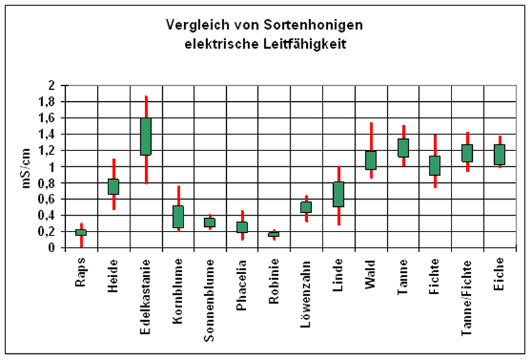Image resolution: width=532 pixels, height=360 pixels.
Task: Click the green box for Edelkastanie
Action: pyautogui.click(x=146, y=136)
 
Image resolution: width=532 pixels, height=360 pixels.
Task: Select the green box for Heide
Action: pyautogui.click(x=114, y=186)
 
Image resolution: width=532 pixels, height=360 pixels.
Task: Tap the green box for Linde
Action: pyautogui.click(x=338, y=194)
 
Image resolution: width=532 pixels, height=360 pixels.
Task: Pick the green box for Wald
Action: pyautogui.click(x=371, y=160)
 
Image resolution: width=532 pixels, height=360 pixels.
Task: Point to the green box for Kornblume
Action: pyautogui.click(x=178, y=216)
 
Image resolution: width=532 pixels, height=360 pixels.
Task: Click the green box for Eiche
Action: pyautogui.click(x=499, y=154)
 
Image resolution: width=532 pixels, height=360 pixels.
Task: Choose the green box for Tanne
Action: pyautogui.click(x=403, y=148)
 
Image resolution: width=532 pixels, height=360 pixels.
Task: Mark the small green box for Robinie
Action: pyautogui.click(x=274, y=234)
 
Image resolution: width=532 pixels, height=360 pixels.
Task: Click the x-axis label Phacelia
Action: pyautogui.click(x=242, y=284)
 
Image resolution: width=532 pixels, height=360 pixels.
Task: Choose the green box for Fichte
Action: pyautogui.click(x=435, y=166)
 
